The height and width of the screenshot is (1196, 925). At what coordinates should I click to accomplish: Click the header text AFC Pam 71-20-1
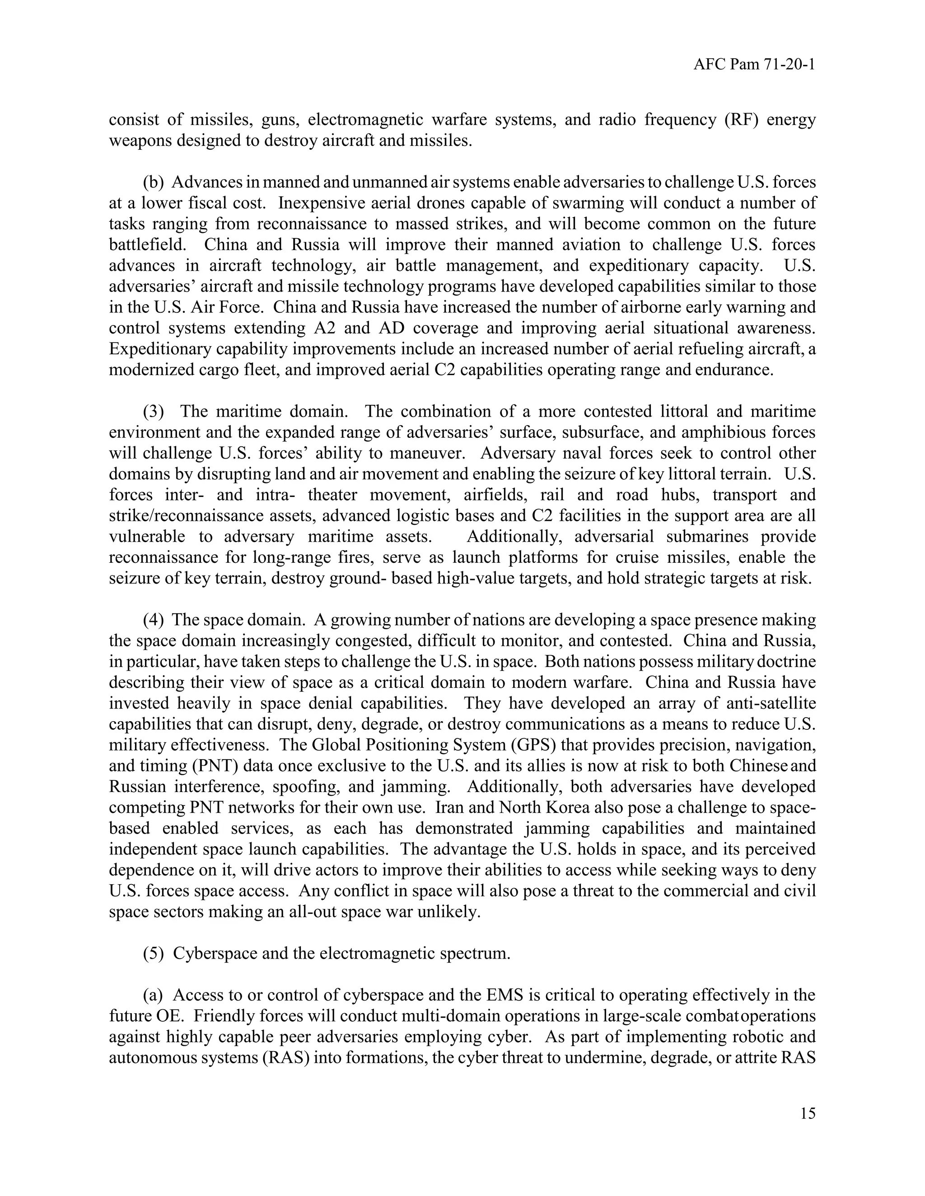tap(754, 65)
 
